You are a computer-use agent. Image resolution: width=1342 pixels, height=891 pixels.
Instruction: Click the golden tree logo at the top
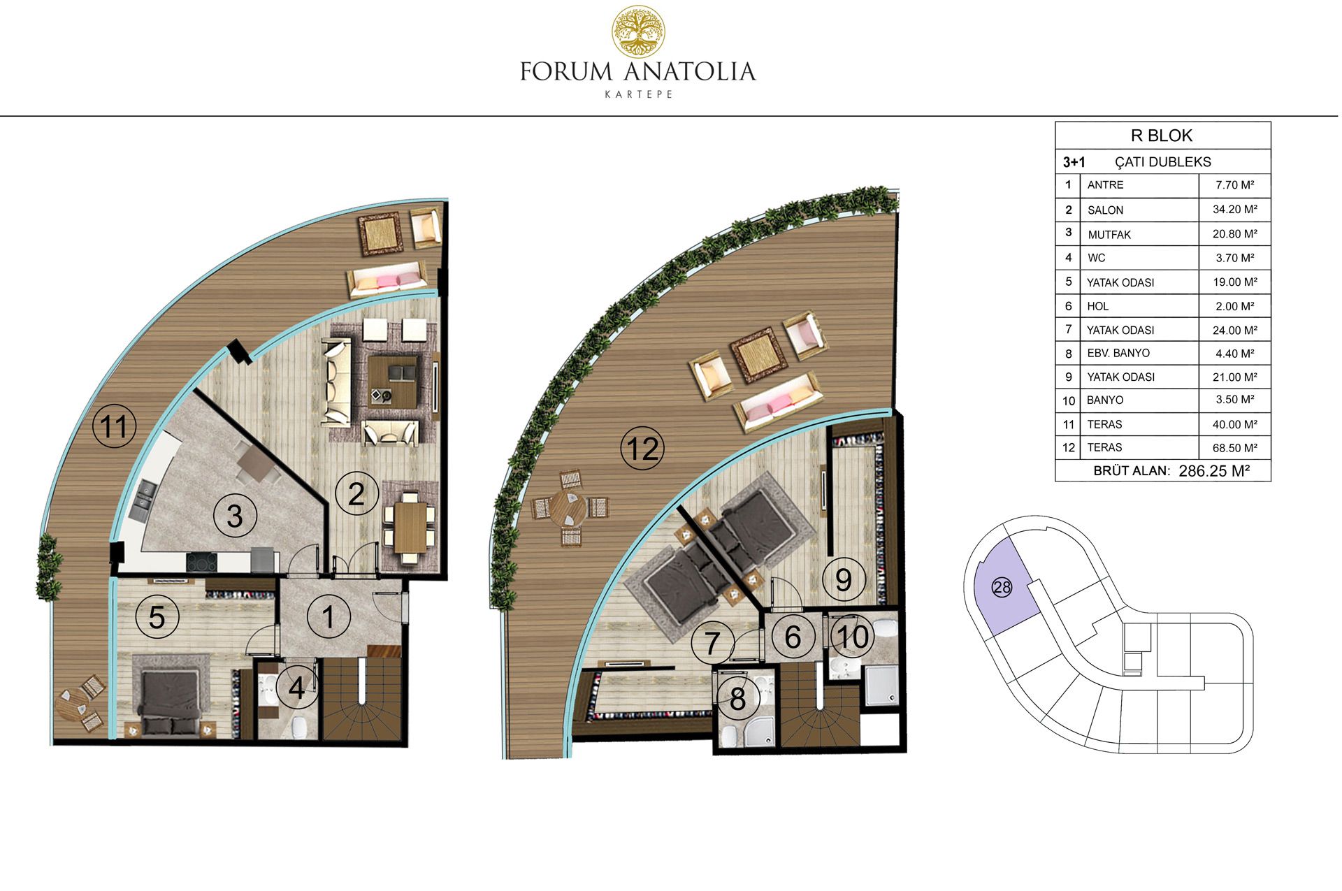[x=637, y=31]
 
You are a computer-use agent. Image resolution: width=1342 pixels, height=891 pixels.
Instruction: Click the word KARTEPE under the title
[x=638, y=94]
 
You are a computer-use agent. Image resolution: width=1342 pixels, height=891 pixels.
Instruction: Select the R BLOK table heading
[x=1162, y=136]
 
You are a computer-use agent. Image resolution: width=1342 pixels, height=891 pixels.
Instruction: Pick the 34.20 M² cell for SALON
[x=1234, y=209]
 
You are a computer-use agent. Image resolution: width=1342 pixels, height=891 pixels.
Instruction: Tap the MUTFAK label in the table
[x=1109, y=234]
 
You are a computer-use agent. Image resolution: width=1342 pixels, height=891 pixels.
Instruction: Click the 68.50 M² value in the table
[x=1234, y=447]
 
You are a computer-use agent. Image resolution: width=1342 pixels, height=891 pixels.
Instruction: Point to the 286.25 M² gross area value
[x=1213, y=471]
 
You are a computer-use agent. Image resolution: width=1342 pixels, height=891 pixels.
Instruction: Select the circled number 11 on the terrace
[x=115, y=426]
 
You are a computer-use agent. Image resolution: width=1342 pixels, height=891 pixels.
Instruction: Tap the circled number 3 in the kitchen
[x=235, y=516]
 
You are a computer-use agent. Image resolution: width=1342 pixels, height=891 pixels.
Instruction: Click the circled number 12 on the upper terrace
[x=642, y=448]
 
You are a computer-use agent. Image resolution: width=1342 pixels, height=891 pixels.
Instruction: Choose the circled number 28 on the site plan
[x=1002, y=588]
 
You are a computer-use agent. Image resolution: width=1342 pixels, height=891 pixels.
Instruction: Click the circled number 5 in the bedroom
[x=157, y=617]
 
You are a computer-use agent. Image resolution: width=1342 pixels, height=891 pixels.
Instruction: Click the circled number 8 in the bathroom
[x=737, y=698]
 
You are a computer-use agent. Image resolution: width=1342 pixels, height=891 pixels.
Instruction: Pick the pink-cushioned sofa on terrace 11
[x=387, y=279]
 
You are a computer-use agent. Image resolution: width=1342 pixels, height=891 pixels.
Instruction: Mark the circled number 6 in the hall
[x=793, y=637]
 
